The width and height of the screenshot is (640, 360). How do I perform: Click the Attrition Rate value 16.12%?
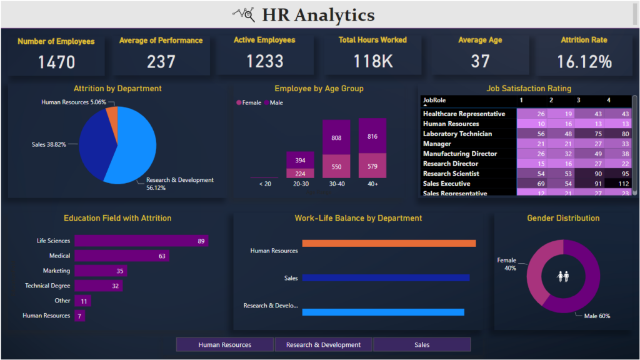click(583, 62)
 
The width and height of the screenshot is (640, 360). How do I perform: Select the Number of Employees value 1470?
click(56, 62)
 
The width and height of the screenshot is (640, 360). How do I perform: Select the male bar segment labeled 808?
click(336, 137)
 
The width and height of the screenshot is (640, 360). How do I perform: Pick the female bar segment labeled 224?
click(299, 174)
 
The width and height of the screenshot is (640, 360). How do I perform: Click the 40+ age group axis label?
click(372, 184)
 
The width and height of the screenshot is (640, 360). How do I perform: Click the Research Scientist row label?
click(451, 174)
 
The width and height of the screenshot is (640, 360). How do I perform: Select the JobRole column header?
click(434, 100)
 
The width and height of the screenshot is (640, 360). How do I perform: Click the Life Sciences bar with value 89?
click(141, 241)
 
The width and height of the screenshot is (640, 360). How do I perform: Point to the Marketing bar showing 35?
click(101, 271)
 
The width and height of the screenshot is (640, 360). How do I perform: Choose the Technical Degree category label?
click(47, 286)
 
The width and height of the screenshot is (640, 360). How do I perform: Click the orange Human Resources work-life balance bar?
click(389, 244)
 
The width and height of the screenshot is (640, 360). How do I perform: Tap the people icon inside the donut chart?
click(563, 276)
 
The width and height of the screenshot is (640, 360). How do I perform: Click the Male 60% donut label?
click(596, 316)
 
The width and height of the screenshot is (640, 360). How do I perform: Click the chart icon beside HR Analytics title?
click(243, 14)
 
